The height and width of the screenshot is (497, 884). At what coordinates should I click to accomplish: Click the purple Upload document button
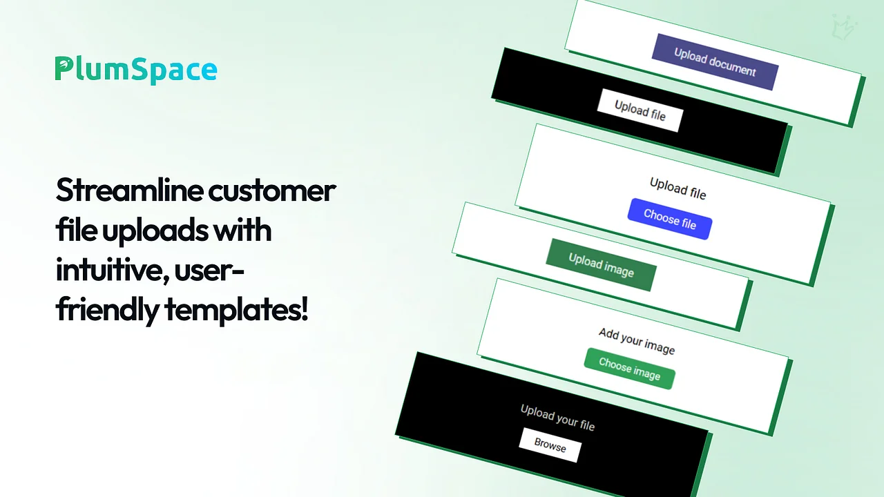[715, 62]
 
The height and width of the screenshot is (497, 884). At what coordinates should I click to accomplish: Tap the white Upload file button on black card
[640, 110]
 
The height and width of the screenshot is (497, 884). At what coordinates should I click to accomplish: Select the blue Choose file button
[670, 219]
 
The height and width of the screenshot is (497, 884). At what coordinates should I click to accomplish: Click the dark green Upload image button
[601, 265]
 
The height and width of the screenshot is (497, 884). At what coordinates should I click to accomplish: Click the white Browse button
[550, 445]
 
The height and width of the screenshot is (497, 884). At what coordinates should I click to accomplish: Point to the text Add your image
[637, 341]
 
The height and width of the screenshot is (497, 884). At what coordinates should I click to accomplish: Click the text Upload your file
[557, 418]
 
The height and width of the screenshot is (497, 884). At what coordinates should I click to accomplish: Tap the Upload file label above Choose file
[678, 188]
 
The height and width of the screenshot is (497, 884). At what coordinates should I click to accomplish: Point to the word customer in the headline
[272, 191]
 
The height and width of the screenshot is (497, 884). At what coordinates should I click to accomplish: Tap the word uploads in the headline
[155, 231]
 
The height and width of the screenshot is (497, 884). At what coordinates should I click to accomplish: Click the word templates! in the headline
[236, 311]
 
